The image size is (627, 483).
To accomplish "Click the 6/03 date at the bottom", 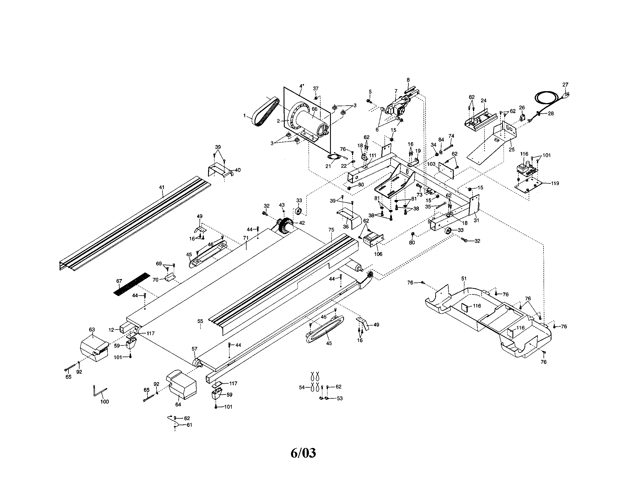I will [x=303, y=453].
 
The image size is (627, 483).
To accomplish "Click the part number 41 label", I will [x=162, y=187].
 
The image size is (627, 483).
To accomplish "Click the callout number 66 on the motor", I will [x=315, y=109].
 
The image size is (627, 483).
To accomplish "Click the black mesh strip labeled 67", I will [x=131, y=285].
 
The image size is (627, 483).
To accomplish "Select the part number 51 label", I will [x=464, y=278].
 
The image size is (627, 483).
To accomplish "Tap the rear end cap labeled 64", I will [x=182, y=384].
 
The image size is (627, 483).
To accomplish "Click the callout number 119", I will [x=555, y=183].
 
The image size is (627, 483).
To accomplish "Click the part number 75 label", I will [x=331, y=230].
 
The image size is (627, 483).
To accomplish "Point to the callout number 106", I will [x=378, y=254].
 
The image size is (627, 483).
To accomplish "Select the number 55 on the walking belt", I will [x=200, y=322].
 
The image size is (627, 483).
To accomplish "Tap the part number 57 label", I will [x=194, y=349].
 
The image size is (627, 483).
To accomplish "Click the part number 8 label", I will [x=408, y=80].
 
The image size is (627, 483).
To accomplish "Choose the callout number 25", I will [x=512, y=150].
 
